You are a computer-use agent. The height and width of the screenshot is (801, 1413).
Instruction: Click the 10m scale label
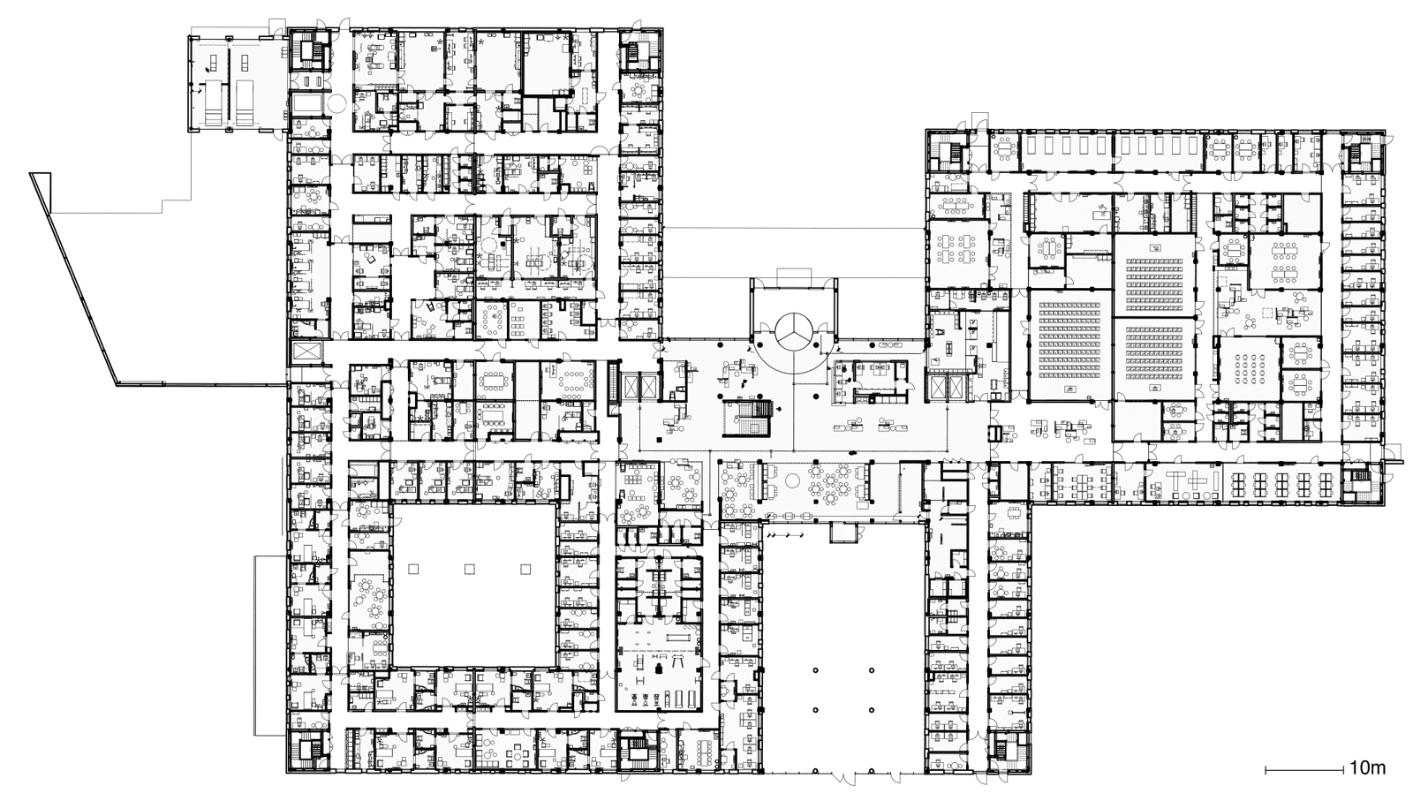tap(1367, 767)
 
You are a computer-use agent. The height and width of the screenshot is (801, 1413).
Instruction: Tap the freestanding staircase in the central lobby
tap(747, 417)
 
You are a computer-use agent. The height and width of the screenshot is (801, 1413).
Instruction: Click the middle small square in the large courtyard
tap(469, 570)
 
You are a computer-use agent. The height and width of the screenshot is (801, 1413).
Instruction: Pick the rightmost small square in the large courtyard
tap(526, 570)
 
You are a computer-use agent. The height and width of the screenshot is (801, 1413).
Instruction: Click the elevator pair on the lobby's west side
tap(636, 385)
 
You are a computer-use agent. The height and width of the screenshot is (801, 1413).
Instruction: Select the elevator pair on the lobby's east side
tap(947, 386)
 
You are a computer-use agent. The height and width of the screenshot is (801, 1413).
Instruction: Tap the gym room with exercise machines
tap(661, 669)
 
